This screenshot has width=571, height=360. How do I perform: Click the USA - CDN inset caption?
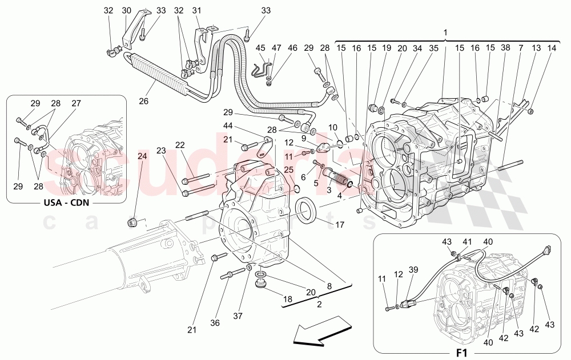(x=66, y=202)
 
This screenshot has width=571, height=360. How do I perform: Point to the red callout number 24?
(x=142, y=156)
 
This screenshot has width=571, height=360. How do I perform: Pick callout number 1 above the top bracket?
(x=445, y=33)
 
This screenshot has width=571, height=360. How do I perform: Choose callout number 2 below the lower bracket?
(x=319, y=304)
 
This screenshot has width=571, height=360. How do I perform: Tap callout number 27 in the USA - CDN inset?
(x=77, y=103)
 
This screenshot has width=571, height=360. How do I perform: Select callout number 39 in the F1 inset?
(x=412, y=269)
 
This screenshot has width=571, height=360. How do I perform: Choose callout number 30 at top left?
(x=126, y=10)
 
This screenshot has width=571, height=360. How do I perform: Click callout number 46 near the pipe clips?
(x=292, y=48)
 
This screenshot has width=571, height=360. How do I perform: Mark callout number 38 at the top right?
(x=505, y=48)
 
